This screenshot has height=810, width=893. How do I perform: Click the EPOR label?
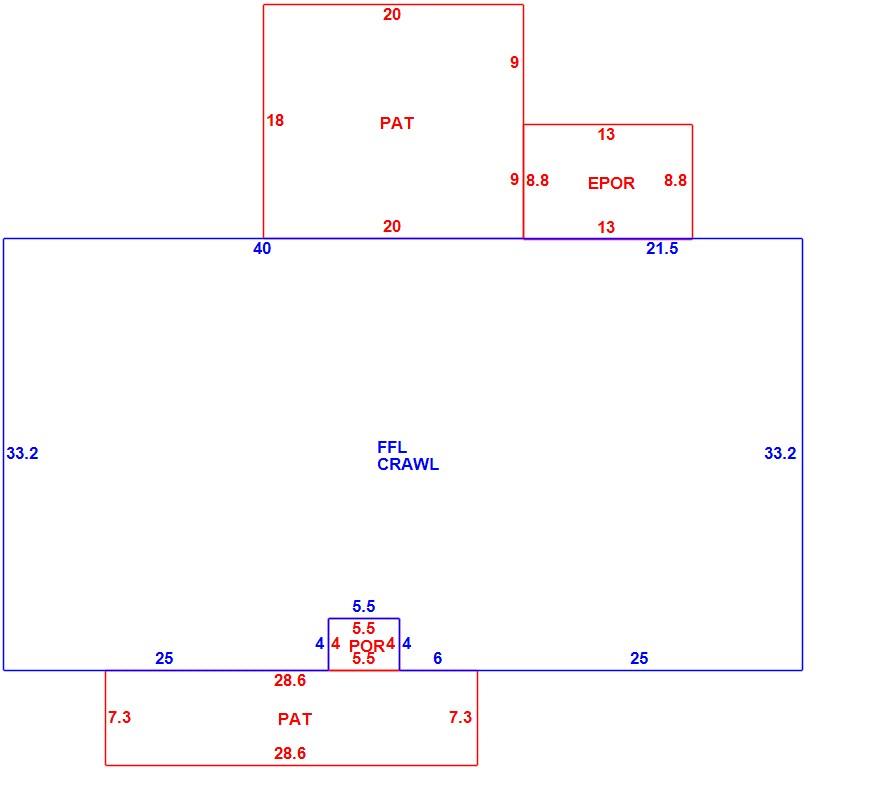611,183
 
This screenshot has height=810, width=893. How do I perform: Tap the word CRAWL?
408,464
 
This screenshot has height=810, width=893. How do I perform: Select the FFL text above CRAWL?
392,447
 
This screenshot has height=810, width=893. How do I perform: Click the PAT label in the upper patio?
397,123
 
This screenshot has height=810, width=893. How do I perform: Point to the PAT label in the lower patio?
295,719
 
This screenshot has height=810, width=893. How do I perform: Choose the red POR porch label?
367,646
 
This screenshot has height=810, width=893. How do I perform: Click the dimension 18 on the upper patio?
275,120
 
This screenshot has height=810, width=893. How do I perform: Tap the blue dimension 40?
262,248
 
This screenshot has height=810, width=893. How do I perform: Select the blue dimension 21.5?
662,248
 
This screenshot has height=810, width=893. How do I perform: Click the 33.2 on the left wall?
22,453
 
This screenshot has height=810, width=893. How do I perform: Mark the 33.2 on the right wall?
780,453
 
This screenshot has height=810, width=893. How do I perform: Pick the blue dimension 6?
437,658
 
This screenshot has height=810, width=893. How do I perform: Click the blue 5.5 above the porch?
363,606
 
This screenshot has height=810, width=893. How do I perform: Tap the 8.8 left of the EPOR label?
537,181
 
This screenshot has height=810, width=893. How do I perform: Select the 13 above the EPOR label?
606,134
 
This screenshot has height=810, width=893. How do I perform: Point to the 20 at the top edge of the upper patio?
392,15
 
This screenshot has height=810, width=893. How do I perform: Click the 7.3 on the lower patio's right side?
460,717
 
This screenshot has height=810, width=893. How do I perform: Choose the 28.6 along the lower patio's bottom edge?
290,754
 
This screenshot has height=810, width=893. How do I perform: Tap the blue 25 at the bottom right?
639,658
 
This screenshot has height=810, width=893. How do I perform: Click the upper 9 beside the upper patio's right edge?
514,62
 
